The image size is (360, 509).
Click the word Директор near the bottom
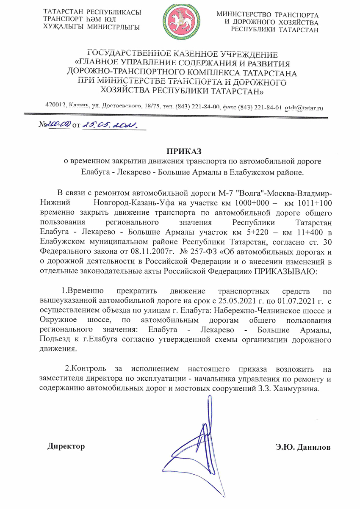click(66, 446)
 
